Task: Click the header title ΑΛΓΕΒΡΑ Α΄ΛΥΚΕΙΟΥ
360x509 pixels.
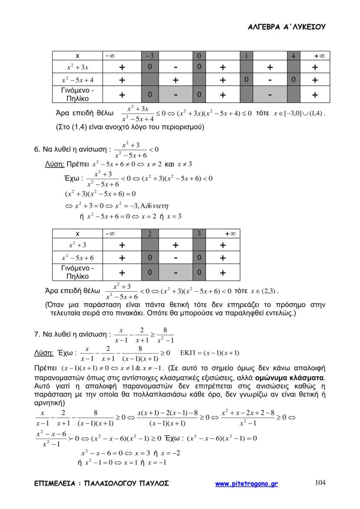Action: (286, 27)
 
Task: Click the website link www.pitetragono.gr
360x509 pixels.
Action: (247, 483)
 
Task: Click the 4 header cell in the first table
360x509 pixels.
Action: (293, 56)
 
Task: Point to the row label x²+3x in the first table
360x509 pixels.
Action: (77, 67)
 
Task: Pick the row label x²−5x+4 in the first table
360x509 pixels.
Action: (77, 80)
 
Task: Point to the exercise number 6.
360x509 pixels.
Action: (36, 150)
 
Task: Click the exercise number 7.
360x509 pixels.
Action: (36, 334)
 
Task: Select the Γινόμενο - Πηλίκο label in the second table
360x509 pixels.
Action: (77, 272)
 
